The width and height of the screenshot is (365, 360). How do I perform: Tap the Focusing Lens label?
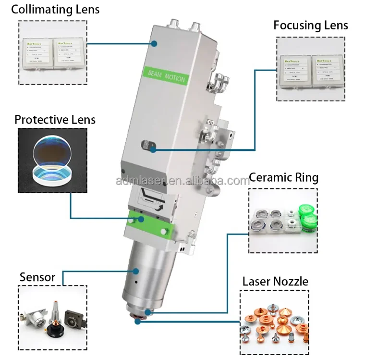pos(311,25)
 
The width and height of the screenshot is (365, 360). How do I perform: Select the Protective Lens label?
pos(55,119)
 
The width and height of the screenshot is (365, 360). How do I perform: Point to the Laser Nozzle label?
pos(275,281)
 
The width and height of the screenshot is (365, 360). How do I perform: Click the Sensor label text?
pos(37,277)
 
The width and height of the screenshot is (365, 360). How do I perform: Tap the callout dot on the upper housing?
pos(155,43)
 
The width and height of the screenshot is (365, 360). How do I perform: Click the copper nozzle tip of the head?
pos(140,319)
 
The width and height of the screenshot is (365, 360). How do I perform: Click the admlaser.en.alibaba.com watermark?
pos(182,181)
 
